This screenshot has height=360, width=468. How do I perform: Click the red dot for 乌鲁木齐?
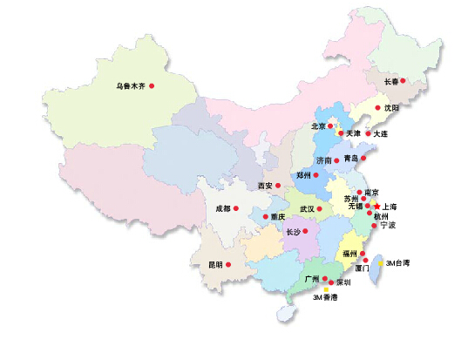pos(152,85)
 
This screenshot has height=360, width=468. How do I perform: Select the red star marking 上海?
pos(376,207)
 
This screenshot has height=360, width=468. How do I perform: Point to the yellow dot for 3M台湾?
pos(381,262)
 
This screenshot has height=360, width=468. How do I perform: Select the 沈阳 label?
pos(391,108)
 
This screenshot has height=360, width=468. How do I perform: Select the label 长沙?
pos(292,232)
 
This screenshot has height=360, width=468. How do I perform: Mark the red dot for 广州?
pos(325,279)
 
